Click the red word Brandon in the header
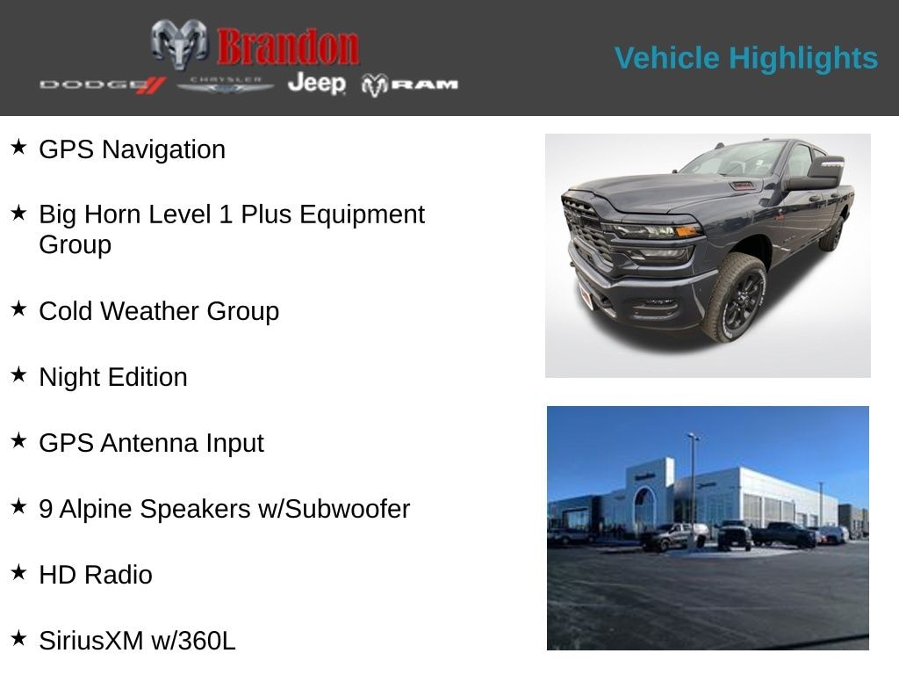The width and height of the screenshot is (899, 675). [288, 46]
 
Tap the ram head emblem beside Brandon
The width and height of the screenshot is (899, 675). [179, 44]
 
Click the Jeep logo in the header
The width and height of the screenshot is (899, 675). [316, 83]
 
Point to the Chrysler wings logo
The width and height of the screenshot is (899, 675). [226, 84]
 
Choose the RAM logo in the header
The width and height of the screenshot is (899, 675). [410, 84]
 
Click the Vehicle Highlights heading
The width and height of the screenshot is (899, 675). [745, 58]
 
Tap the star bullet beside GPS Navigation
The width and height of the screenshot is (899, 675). [18, 147]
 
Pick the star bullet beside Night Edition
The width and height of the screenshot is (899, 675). [18, 374]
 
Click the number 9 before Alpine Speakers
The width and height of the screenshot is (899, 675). [46, 509]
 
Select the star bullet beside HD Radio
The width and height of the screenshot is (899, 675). [18, 572]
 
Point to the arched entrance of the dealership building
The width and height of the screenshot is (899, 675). [644, 507]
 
